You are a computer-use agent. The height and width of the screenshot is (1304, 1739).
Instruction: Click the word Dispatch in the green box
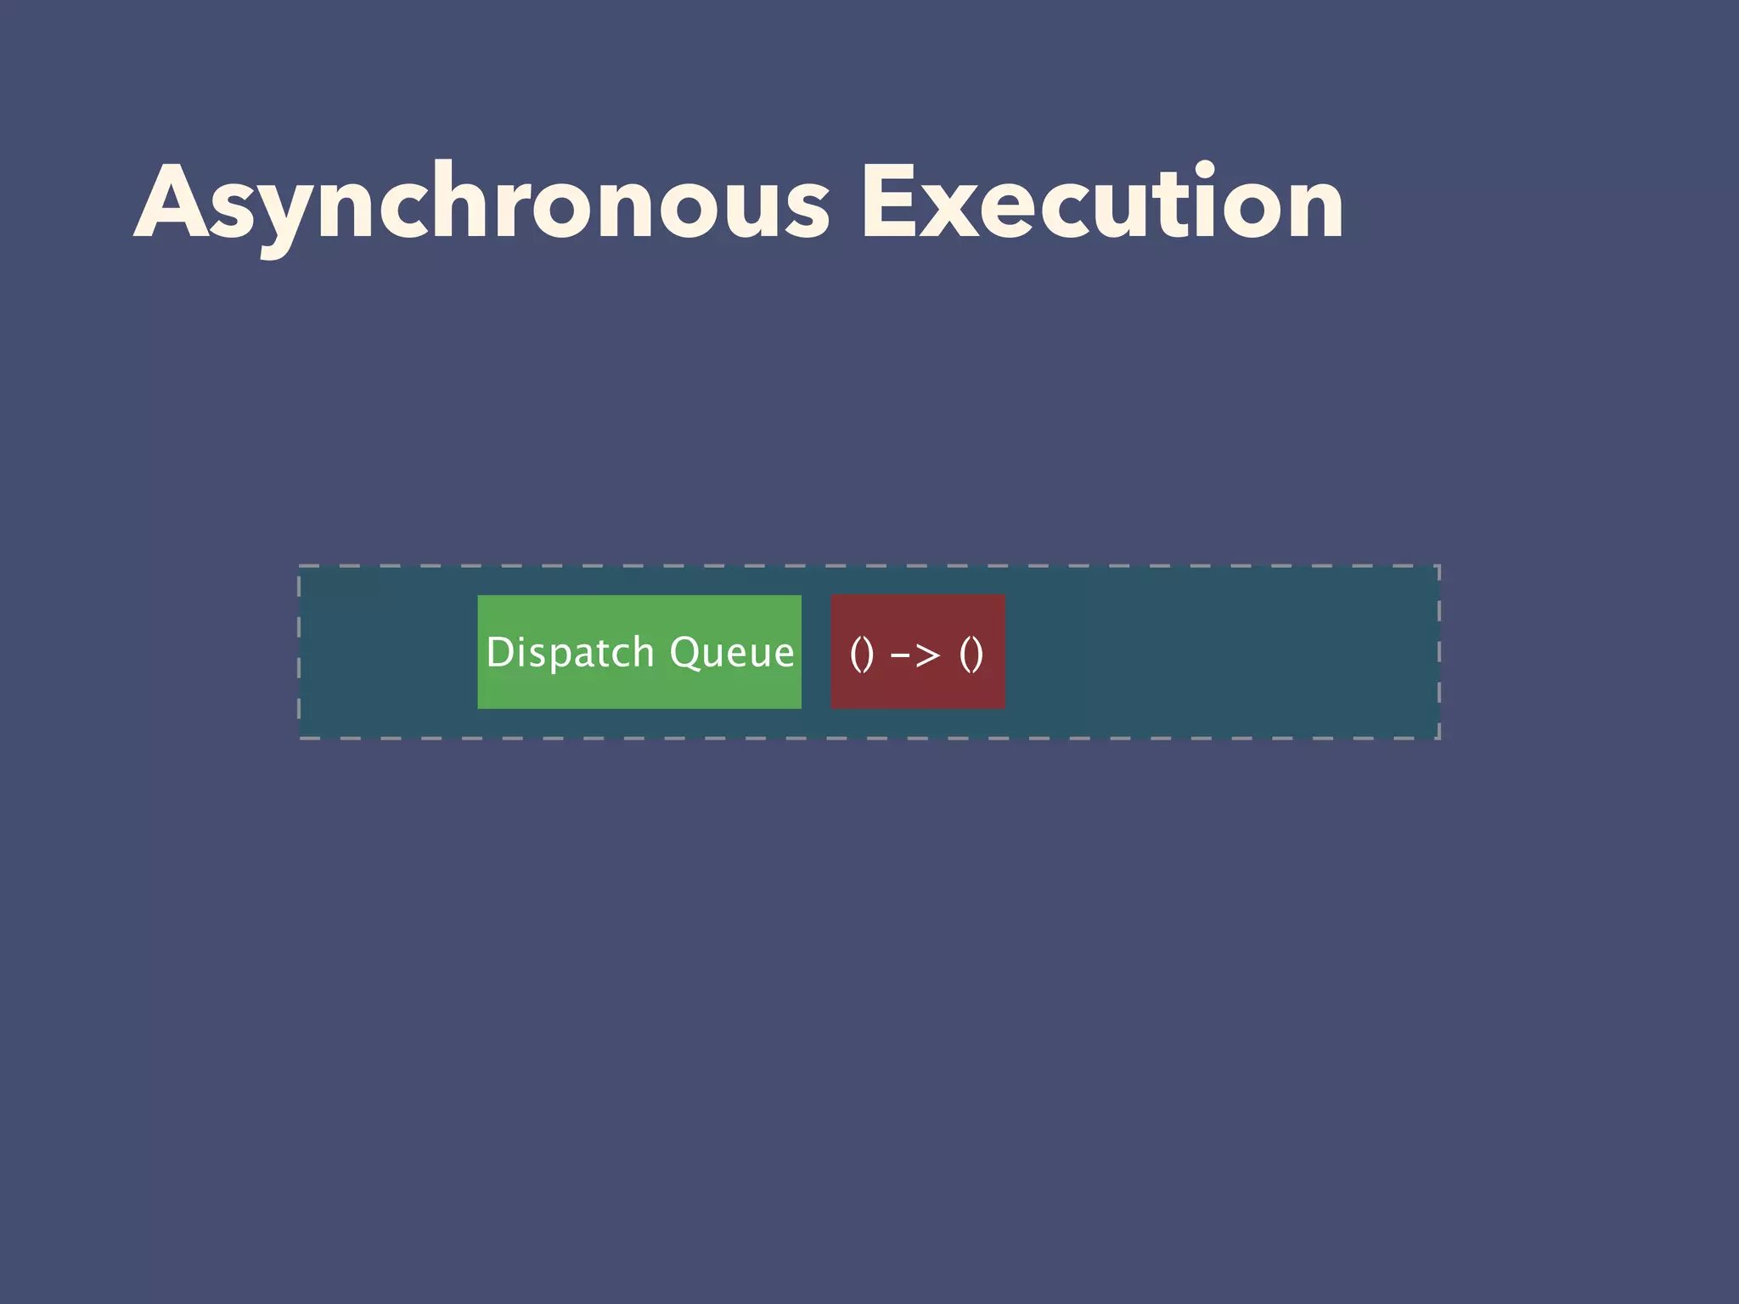click(570, 652)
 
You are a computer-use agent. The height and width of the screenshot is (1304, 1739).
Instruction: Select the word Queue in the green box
click(732, 652)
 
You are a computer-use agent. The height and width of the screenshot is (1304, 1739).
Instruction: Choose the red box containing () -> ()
click(918, 652)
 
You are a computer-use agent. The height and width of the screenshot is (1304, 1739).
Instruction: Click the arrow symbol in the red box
click(916, 655)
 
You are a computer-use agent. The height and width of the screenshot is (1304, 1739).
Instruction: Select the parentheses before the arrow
click(861, 655)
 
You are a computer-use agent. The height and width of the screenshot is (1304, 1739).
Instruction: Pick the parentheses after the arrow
click(971, 655)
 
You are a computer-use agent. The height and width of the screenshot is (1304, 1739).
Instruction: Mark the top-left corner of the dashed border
click(299, 565)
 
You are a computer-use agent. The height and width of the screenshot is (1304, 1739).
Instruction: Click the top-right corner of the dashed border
click(1439, 565)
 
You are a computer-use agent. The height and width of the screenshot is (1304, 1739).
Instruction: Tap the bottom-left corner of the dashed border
click(299, 738)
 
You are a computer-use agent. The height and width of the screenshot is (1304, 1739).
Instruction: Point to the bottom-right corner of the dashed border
click(1439, 738)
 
